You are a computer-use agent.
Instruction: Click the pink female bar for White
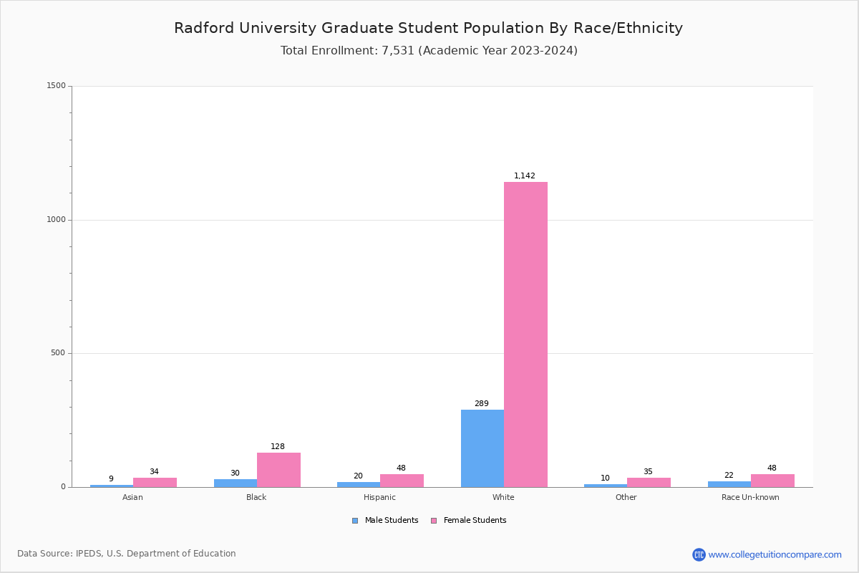tap(525, 334)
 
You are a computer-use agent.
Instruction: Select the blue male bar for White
tap(482, 448)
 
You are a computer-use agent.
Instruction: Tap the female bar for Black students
tap(278, 470)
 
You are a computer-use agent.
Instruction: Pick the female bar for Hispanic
tap(402, 481)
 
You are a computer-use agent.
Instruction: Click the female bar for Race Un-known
tap(772, 481)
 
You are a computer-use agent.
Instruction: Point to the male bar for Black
tap(236, 483)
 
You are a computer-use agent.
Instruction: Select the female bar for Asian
tap(155, 483)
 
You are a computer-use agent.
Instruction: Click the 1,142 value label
tap(525, 176)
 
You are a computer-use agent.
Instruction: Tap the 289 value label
tap(482, 404)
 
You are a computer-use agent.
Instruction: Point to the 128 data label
tap(278, 447)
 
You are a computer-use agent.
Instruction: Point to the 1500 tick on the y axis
tap(57, 86)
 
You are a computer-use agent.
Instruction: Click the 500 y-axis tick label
tap(59, 353)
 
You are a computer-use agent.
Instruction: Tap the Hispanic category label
tap(379, 498)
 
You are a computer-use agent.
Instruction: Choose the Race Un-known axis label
tap(750, 498)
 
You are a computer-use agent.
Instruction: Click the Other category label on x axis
tap(626, 498)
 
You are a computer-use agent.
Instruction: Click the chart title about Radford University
tap(429, 29)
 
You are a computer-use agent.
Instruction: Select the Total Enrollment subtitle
tap(429, 51)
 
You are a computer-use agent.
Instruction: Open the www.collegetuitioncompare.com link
tap(775, 554)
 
